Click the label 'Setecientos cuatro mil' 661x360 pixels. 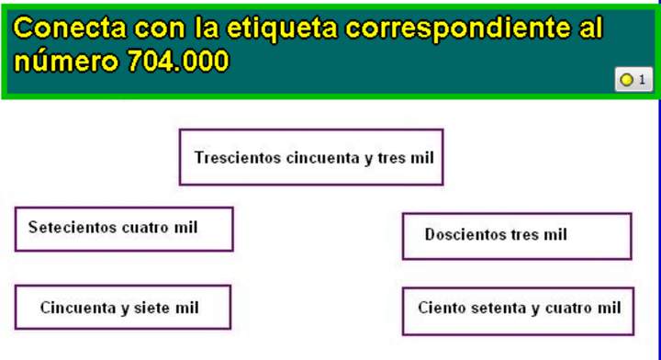[123, 229]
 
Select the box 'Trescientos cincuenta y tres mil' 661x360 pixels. [311, 157]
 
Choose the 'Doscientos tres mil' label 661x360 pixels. [516, 236]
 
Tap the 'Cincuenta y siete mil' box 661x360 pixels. [122, 308]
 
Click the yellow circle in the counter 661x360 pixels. [626, 80]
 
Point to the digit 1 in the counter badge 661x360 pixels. [642, 80]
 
